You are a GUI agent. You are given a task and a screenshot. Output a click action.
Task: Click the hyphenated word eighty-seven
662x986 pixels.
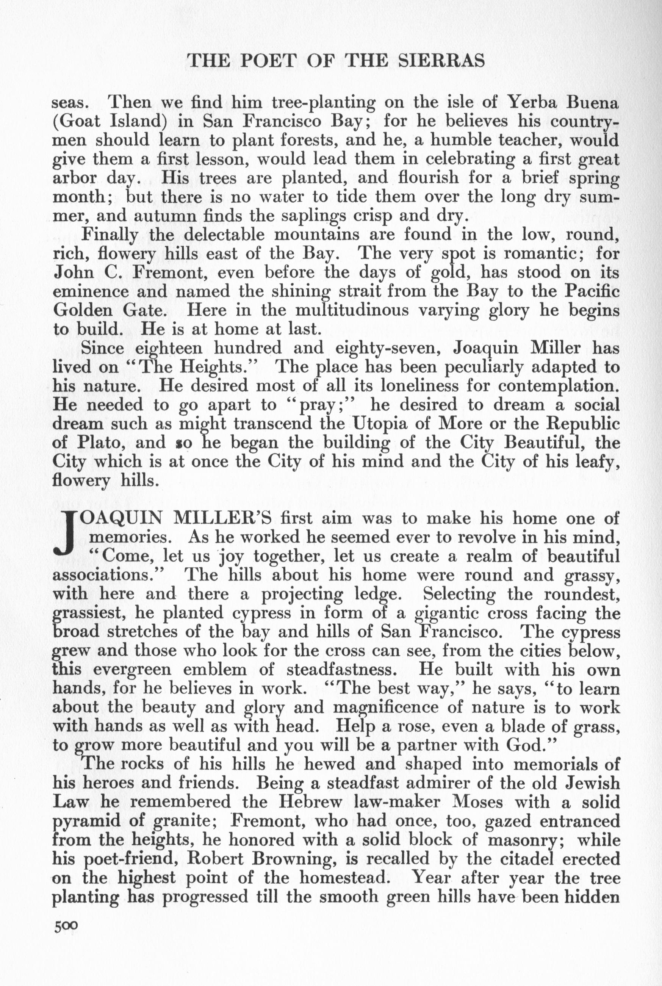[388, 349]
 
